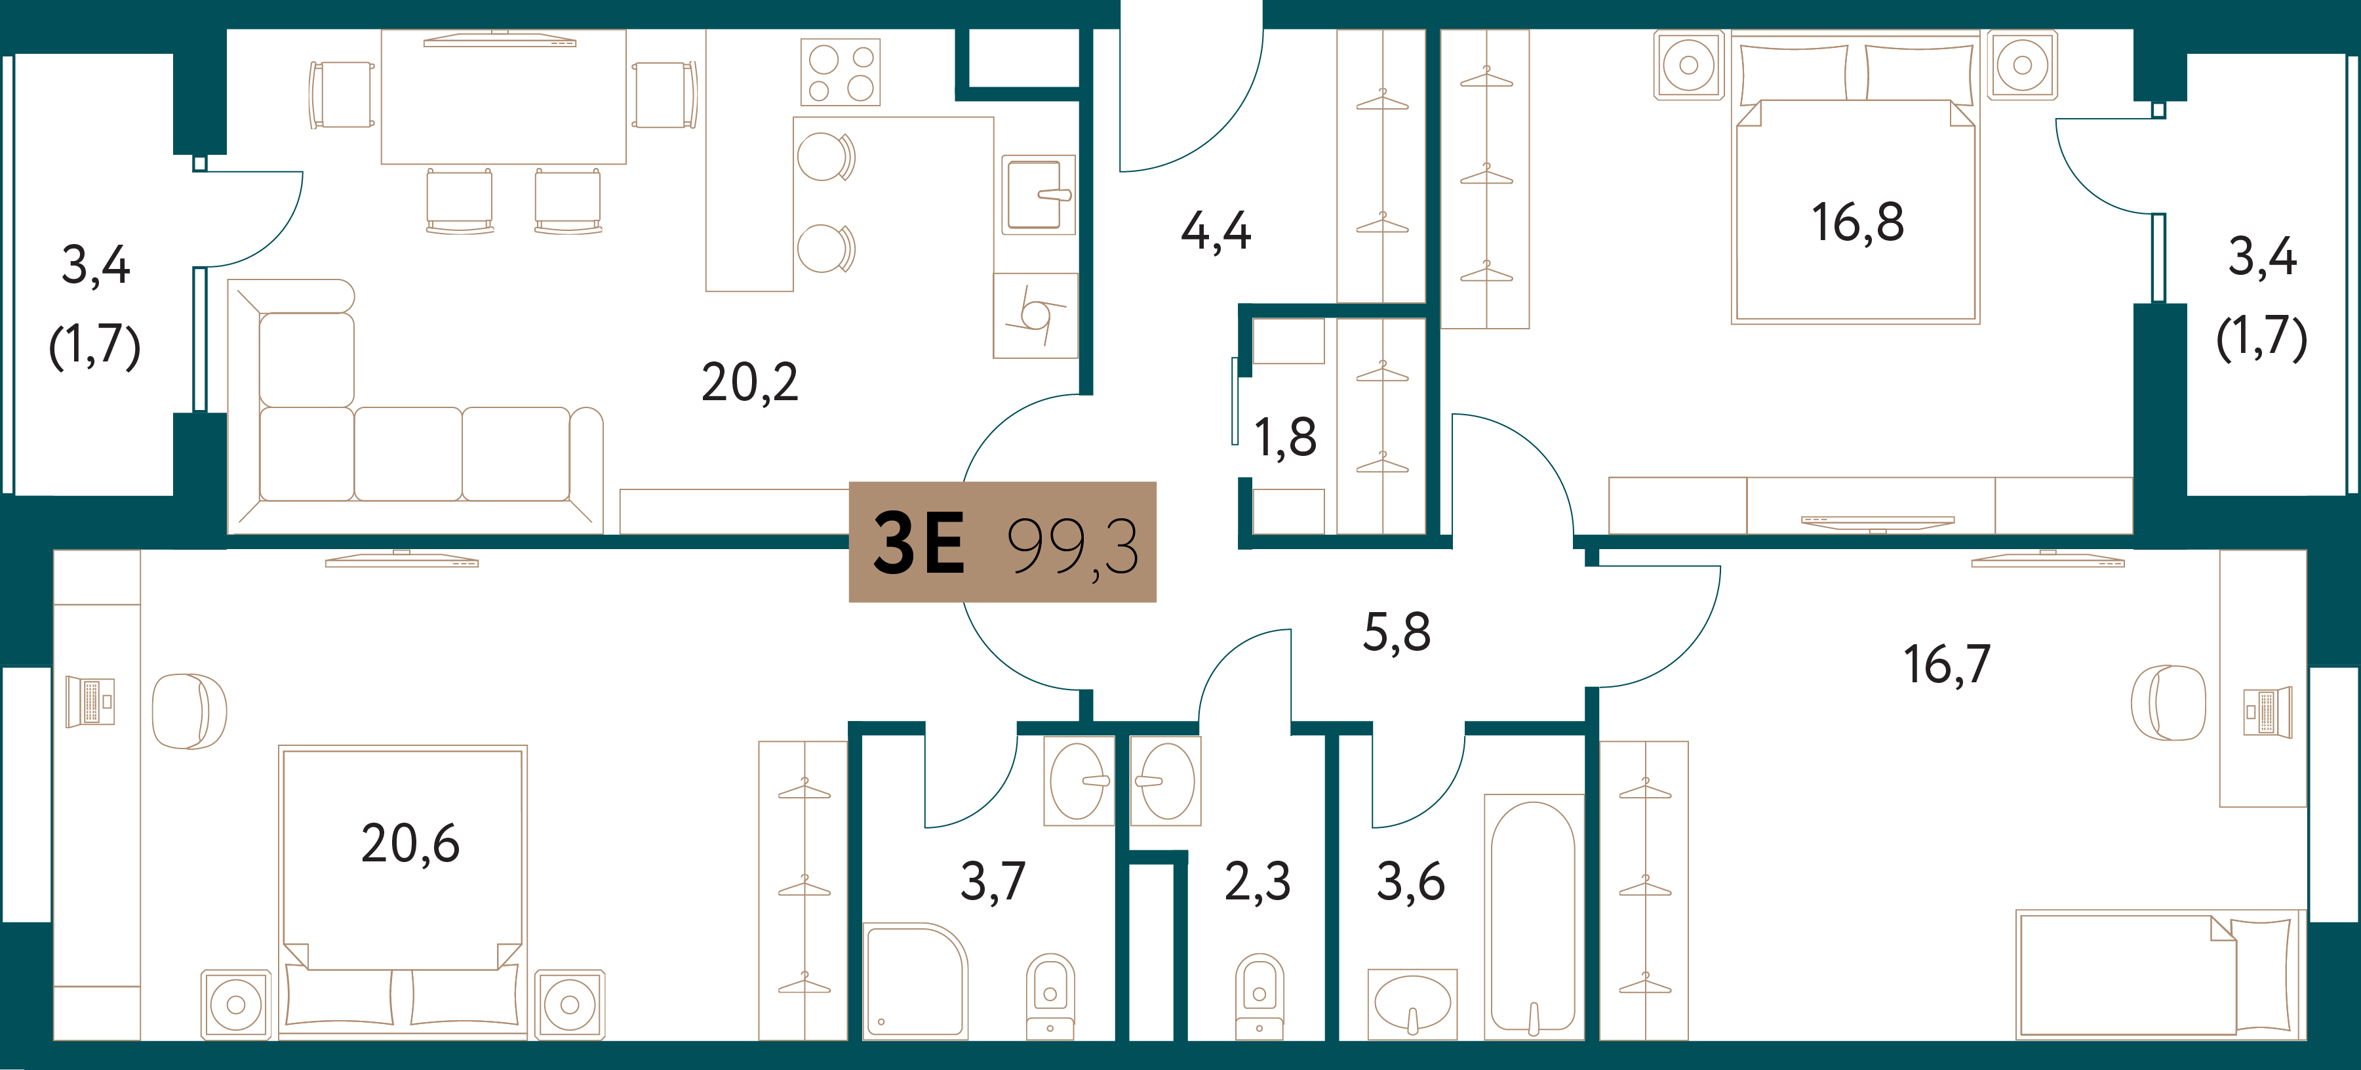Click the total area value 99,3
pyautogui.click(x=1073, y=547)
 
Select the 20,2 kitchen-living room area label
pyautogui.click(x=749, y=382)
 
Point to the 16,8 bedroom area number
pyautogui.click(x=1858, y=223)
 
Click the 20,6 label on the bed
pyautogui.click(x=410, y=844)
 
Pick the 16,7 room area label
pyautogui.click(x=1947, y=665)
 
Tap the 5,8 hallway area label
pyautogui.click(x=1396, y=632)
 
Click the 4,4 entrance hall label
pyautogui.click(x=1216, y=231)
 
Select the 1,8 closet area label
pyautogui.click(x=1285, y=438)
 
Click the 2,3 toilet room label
pyautogui.click(x=1258, y=882)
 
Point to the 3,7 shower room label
pyautogui.click(x=993, y=882)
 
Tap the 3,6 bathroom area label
pyautogui.click(x=1410, y=882)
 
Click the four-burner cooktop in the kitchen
pyautogui.click(x=841, y=72)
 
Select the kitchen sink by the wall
pyautogui.click(x=1037, y=194)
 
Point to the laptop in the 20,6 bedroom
pyautogui.click(x=90, y=701)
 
